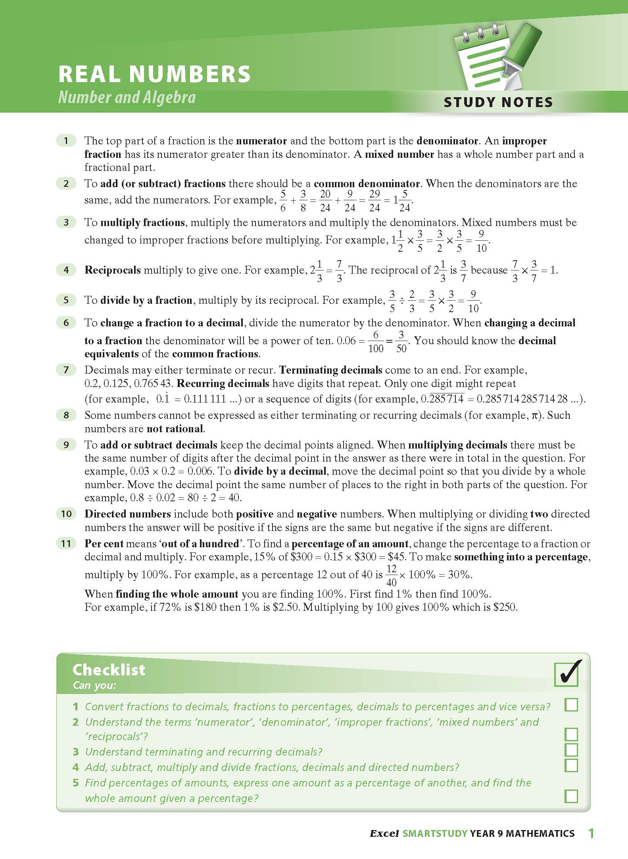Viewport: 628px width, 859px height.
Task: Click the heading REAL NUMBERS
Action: [x=154, y=74]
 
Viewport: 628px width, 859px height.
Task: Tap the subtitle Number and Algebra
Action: [x=127, y=98]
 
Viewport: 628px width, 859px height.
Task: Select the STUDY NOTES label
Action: [x=498, y=102]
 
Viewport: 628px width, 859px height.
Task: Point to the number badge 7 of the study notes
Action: [x=66, y=370]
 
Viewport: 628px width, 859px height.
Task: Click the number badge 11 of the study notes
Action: [x=66, y=543]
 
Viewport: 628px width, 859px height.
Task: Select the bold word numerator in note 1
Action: [x=261, y=141]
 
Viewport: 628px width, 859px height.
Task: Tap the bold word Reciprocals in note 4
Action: [x=113, y=270]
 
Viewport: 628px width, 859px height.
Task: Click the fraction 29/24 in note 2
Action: [x=374, y=201]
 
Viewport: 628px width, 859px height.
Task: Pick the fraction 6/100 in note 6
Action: [x=376, y=342]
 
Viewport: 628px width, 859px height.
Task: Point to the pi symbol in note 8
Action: [x=534, y=416]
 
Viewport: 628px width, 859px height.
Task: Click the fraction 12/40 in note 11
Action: [x=391, y=575]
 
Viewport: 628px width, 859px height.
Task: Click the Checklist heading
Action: [x=109, y=670]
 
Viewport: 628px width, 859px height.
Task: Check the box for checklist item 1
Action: [x=571, y=705]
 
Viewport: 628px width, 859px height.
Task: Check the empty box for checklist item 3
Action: [x=571, y=750]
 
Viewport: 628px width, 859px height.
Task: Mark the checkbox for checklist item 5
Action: [x=571, y=796]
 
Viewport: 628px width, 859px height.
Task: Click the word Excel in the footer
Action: [x=384, y=834]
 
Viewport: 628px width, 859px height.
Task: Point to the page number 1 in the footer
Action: [x=591, y=833]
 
